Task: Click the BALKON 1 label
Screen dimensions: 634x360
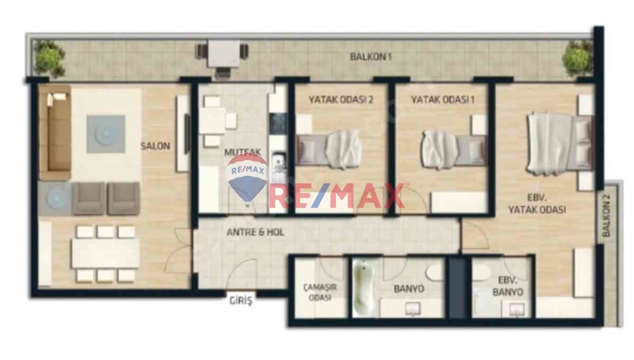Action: pyautogui.click(x=370, y=56)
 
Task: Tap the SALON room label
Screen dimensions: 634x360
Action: pyautogui.click(x=155, y=146)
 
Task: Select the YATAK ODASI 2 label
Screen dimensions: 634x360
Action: pyautogui.click(x=341, y=99)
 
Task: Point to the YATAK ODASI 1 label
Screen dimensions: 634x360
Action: pyautogui.click(x=443, y=99)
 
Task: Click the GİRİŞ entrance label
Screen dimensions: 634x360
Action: pyautogui.click(x=241, y=301)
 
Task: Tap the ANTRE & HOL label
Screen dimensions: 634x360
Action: pyautogui.click(x=255, y=232)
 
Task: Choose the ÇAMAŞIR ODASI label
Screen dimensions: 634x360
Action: pyautogui.click(x=320, y=292)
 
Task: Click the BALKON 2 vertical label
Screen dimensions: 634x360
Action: pyautogui.click(x=606, y=214)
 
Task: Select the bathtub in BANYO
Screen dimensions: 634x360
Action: pyautogui.click(x=363, y=288)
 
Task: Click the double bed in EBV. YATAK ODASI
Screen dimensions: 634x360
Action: pyautogui.click(x=560, y=144)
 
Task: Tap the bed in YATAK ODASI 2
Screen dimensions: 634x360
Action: pyautogui.click(x=328, y=149)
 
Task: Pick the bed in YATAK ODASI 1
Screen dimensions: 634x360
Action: pyautogui.click(x=453, y=149)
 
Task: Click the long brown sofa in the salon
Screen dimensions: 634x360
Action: pyautogui.click(x=55, y=132)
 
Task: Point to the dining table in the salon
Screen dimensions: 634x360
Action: pyautogui.click(x=105, y=254)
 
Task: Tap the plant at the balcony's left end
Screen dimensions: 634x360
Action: pyautogui.click(x=49, y=59)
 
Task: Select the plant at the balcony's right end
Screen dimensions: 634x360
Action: pyautogui.click(x=578, y=59)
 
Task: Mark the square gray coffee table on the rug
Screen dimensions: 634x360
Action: pyautogui.click(x=105, y=134)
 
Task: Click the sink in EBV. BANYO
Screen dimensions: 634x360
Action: pyautogui.click(x=517, y=310)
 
